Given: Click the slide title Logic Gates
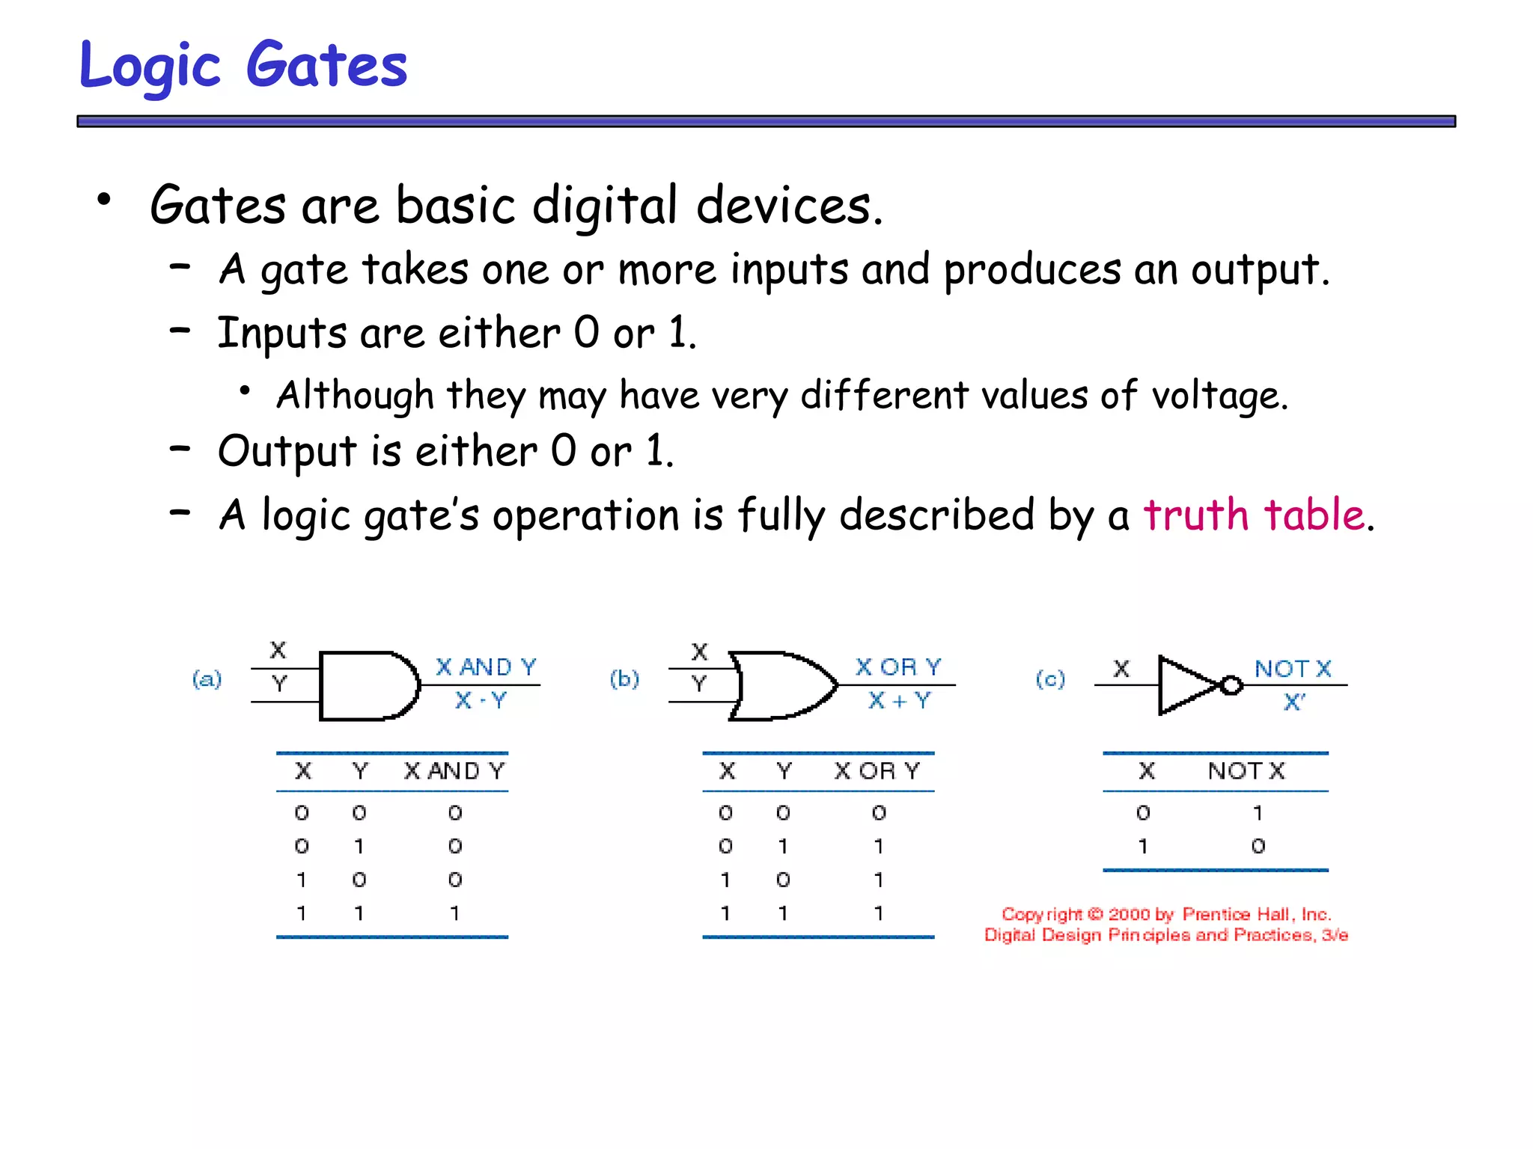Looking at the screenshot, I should pos(243,66).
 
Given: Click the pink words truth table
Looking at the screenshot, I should pos(1255,515).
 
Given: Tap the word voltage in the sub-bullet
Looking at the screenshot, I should pos(1219,396).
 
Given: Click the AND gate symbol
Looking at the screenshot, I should pos(367,685).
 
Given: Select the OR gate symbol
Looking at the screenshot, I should pos(782,685).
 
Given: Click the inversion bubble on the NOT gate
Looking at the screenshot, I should pos(1231,685).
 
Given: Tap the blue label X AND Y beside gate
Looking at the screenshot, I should pos(487,667).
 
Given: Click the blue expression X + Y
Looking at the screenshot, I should pos(899,701).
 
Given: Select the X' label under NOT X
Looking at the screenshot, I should pos(1294,702).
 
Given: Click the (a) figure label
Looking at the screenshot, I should pos(207,679).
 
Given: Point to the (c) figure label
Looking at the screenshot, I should pos(1050,679).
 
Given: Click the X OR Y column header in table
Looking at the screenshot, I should pos(877,770).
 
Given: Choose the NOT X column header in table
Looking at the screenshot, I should pos(1246,770).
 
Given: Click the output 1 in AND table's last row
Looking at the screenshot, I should pos(454,913).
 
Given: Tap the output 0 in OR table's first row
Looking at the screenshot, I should pos(879,812).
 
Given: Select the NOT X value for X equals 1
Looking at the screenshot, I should pos(1258,846).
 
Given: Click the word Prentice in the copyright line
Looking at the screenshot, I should pos(1216,914).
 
